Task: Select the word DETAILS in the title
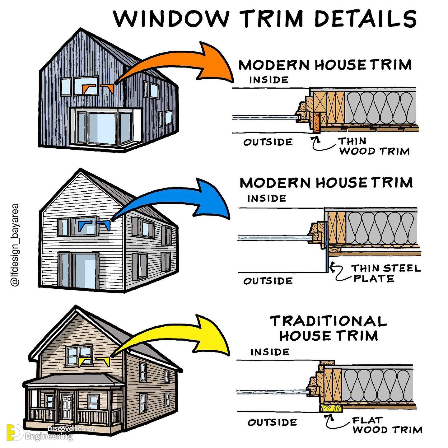click(365, 19)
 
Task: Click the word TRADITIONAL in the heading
click(328, 321)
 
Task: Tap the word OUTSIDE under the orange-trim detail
click(268, 142)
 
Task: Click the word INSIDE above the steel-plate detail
click(267, 198)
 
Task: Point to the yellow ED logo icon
click(14, 432)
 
